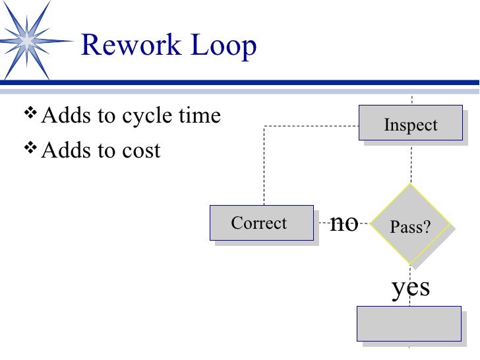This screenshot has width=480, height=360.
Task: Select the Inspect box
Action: [x=410, y=123]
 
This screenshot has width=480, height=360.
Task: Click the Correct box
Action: [x=259, y=223]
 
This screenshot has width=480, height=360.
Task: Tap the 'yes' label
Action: [x=411, y=287]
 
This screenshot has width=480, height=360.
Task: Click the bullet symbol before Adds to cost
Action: [x=30, y=150]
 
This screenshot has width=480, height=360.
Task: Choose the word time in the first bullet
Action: [x=199, y=116]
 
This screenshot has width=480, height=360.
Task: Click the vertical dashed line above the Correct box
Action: [x=264, y=168]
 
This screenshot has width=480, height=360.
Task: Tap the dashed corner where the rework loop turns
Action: [x=264, y=127]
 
